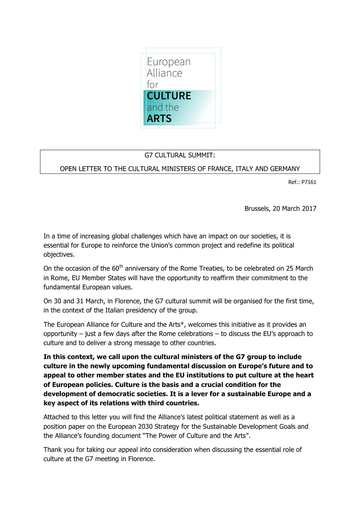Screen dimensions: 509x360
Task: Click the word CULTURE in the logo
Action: pyautogui.click(x=169, y=96)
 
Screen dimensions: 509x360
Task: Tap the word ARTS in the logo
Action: pyautogui.click(x=159, y=119)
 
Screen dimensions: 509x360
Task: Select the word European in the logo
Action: pyautogui.click(x=168, y=62)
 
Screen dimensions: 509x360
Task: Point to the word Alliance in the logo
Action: pyautogui.click(x=164, y=73)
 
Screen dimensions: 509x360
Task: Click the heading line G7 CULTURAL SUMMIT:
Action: pyautogui.click(x=180, y=155)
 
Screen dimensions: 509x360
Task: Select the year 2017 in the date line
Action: pyautogui.click(x=309, y=208)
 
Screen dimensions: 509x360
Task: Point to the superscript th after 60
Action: pyautogui.click(x=121, y=266)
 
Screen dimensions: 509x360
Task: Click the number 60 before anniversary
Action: pyautogui.click(x=115, y=269)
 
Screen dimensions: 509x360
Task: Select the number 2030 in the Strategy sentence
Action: pyautogui.click(x=145, y=426)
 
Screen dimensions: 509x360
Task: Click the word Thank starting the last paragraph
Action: pyautogui.click(x=52, y=449)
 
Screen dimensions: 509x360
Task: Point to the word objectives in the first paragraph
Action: pyautogui.click(x=59, y=255)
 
